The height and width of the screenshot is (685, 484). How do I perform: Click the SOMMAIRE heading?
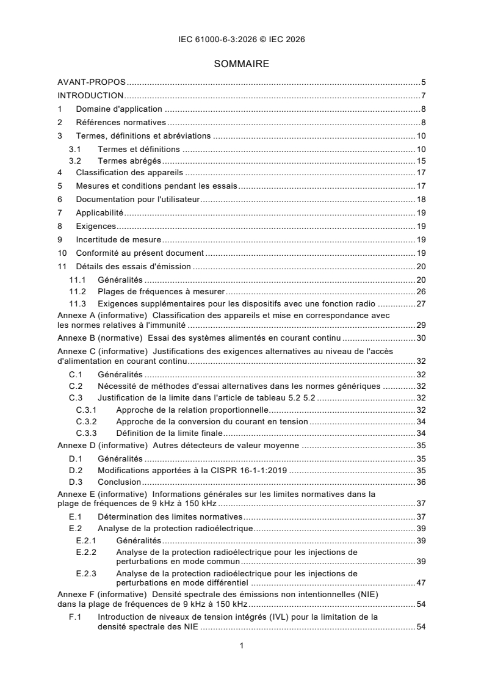242,63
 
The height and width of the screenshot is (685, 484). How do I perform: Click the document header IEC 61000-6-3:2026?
242,39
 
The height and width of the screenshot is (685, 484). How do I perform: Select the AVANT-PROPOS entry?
92,82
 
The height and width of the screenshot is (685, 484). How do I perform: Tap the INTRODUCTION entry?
90,95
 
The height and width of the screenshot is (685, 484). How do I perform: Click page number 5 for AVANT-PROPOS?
423,82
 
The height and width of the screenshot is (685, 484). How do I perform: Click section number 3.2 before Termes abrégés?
74,161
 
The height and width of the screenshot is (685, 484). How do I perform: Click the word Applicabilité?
99,212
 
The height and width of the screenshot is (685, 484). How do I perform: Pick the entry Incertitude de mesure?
115,239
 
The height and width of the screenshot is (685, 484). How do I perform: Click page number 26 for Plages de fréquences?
421,291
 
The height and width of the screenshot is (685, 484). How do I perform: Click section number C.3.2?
86,421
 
